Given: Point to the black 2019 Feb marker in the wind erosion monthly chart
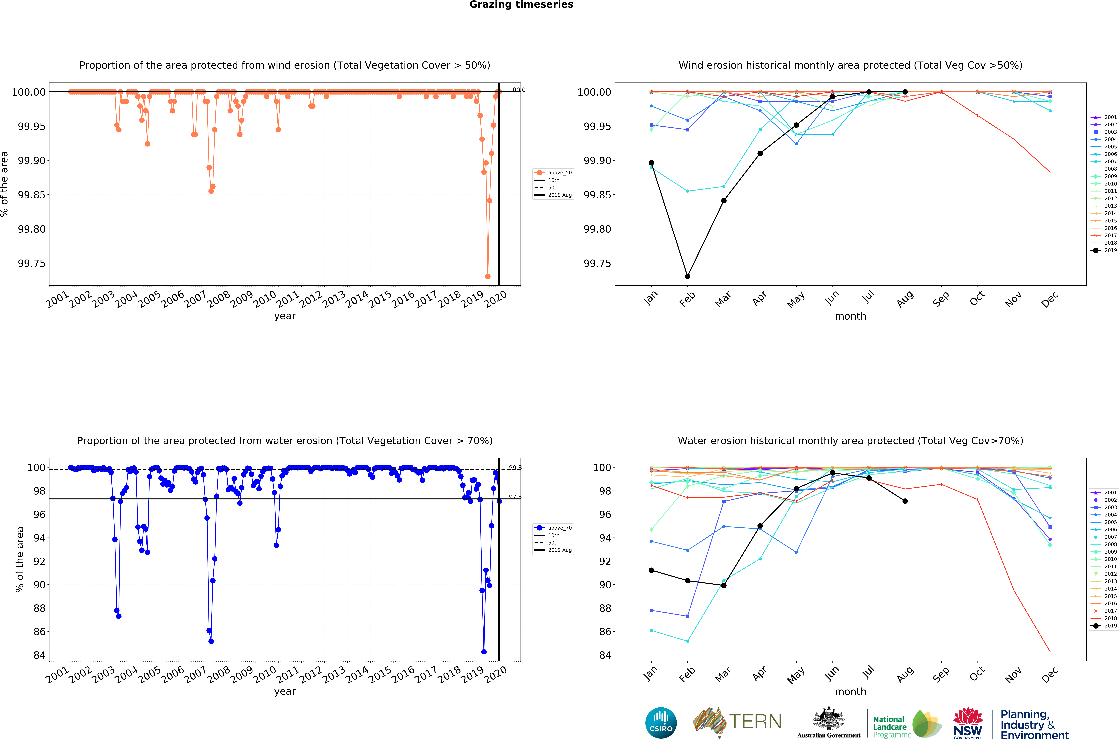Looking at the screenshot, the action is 687,276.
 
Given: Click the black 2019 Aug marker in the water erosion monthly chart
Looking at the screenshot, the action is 905,501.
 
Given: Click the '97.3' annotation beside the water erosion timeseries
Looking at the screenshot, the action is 515,497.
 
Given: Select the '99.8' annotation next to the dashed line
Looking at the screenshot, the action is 515,468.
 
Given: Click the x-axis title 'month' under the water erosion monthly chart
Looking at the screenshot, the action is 850,692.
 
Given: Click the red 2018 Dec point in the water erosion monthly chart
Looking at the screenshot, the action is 1050,651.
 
